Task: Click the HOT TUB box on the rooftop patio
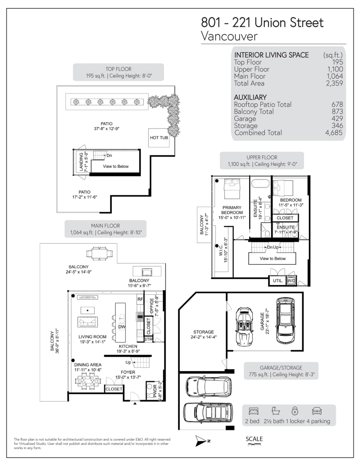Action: [x=159, y=138]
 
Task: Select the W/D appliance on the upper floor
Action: [x=291, y=280]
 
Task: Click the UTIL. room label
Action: [x=277, y=280]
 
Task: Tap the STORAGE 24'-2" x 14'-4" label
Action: [x=203, y=334]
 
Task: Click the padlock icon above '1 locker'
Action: [x=295, y=410]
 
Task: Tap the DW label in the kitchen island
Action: [x=122, y=327]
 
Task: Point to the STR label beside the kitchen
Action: [x=148, y=339]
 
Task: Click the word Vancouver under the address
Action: [x=229, y=36]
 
